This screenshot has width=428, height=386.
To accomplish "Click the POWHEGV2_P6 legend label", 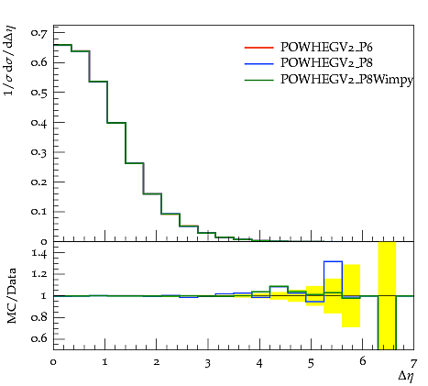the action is point(326,48).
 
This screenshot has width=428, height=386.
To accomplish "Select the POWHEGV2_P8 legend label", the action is point(326,63).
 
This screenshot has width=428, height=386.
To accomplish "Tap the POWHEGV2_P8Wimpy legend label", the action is point(346,80).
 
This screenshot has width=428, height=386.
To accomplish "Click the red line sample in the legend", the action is point(258,48).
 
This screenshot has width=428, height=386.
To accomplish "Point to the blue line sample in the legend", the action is point(258,63).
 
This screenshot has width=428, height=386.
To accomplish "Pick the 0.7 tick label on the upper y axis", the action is point(39,33).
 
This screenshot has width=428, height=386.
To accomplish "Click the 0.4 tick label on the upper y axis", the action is point(39,123).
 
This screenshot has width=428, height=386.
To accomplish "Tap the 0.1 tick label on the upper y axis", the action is point(39,212).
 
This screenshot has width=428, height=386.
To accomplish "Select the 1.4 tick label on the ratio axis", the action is point(39,254).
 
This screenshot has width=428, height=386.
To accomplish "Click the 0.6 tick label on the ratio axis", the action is point(39,338).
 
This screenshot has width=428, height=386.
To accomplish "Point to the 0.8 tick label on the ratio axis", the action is point(39,317).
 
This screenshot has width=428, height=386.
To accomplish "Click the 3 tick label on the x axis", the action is point(208,364).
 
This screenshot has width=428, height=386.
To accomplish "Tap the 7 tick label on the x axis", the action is point(413,364).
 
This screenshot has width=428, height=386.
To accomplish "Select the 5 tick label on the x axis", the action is point(311,364).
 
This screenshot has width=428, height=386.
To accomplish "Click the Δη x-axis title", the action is point(406,376).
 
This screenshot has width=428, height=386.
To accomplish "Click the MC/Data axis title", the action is point(12,296).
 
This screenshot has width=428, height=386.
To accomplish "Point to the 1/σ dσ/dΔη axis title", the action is point(10,61).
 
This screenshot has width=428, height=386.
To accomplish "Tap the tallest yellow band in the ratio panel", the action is point(387,295).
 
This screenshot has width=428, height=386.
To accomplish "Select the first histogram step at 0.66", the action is point(62,45).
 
